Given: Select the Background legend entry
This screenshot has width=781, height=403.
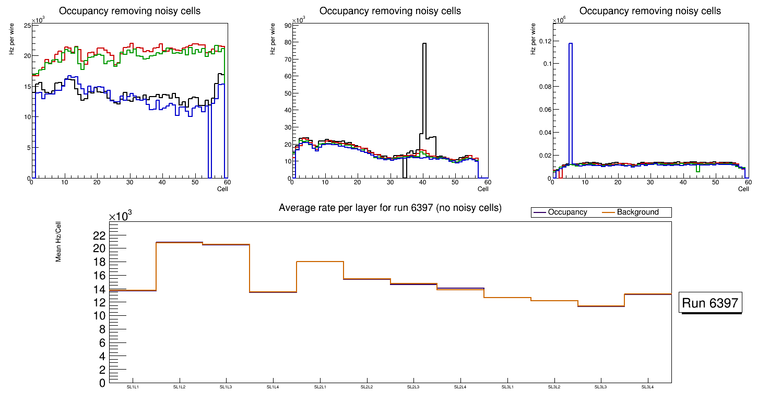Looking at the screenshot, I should [637, 212].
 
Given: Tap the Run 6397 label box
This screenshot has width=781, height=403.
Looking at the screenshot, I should [710, 303].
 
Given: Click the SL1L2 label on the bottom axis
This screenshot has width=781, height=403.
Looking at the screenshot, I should [179, 387].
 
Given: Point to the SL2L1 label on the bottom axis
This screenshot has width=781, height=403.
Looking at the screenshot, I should [320, 387].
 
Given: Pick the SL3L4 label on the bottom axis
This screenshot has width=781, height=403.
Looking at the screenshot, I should [647, 387].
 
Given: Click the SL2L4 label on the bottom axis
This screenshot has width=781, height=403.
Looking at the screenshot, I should [460, 387].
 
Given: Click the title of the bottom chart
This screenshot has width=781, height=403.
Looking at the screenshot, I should [390, 208].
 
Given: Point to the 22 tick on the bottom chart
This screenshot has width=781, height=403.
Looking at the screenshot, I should [99, 235].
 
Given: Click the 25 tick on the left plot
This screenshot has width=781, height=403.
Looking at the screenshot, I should [27, 25].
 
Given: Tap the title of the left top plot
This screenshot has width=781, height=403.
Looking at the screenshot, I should [129, 11].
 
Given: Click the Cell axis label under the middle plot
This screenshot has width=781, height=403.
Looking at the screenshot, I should [483, 188].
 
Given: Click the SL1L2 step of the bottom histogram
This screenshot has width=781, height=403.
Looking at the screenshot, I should [179, 243].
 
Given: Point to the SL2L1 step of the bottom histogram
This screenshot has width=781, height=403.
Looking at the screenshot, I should [320, 262].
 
